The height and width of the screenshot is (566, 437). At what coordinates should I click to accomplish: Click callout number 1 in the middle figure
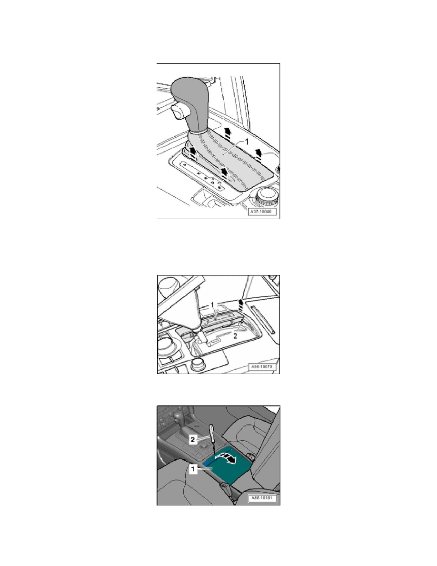(215, 303)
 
